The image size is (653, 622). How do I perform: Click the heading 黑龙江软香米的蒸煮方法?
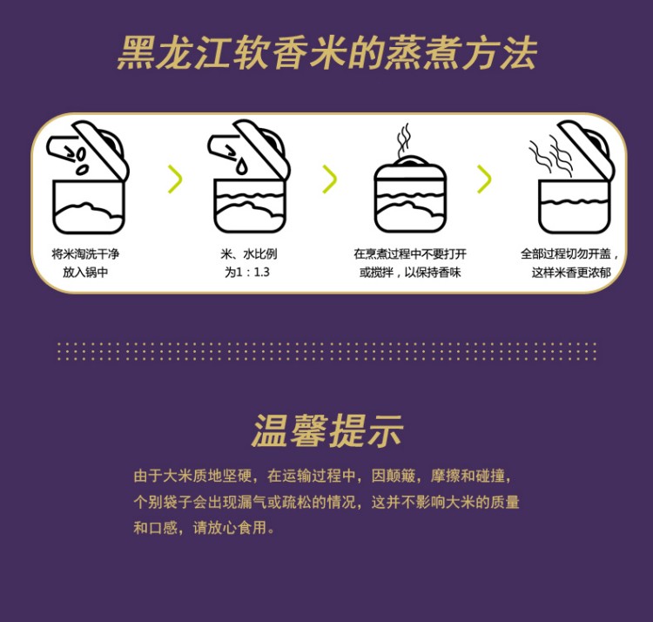(x=326, y=53)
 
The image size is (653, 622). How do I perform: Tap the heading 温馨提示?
(x=326, y=431)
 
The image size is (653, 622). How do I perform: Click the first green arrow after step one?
(x=175, y=179)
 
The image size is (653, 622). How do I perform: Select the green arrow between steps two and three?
(x=329, y=179)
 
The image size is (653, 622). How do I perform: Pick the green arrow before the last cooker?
(x=484, y=179)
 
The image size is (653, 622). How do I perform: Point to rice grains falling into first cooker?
(x=80, y=159)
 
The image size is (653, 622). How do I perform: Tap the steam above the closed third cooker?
(x=403, y=139)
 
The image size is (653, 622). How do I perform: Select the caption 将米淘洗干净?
(x=84, y=254)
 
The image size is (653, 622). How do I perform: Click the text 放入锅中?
(x=84, y=273)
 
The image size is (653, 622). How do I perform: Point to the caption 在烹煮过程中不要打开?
(x=409, y=254)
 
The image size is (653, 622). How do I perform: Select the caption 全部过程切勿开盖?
(x=569, y=254)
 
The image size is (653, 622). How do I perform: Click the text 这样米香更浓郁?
(x=571, y=273)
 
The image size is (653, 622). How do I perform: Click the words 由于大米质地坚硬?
(x=192, y=476)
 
